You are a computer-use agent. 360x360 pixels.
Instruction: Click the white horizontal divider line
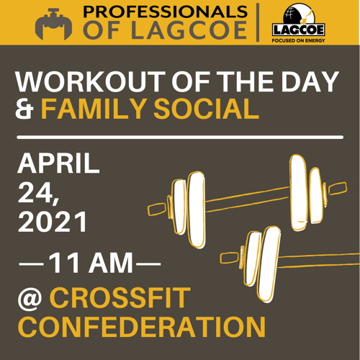pyautogui.click(x=179, y=136)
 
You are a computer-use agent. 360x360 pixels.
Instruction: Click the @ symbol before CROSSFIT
pyautogui.click(x=29, y=297)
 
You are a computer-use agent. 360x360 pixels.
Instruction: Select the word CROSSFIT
pyautogui.click(x=122, y=297)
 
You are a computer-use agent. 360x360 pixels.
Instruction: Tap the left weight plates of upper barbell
pyautogui.click(x=189, y=209)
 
